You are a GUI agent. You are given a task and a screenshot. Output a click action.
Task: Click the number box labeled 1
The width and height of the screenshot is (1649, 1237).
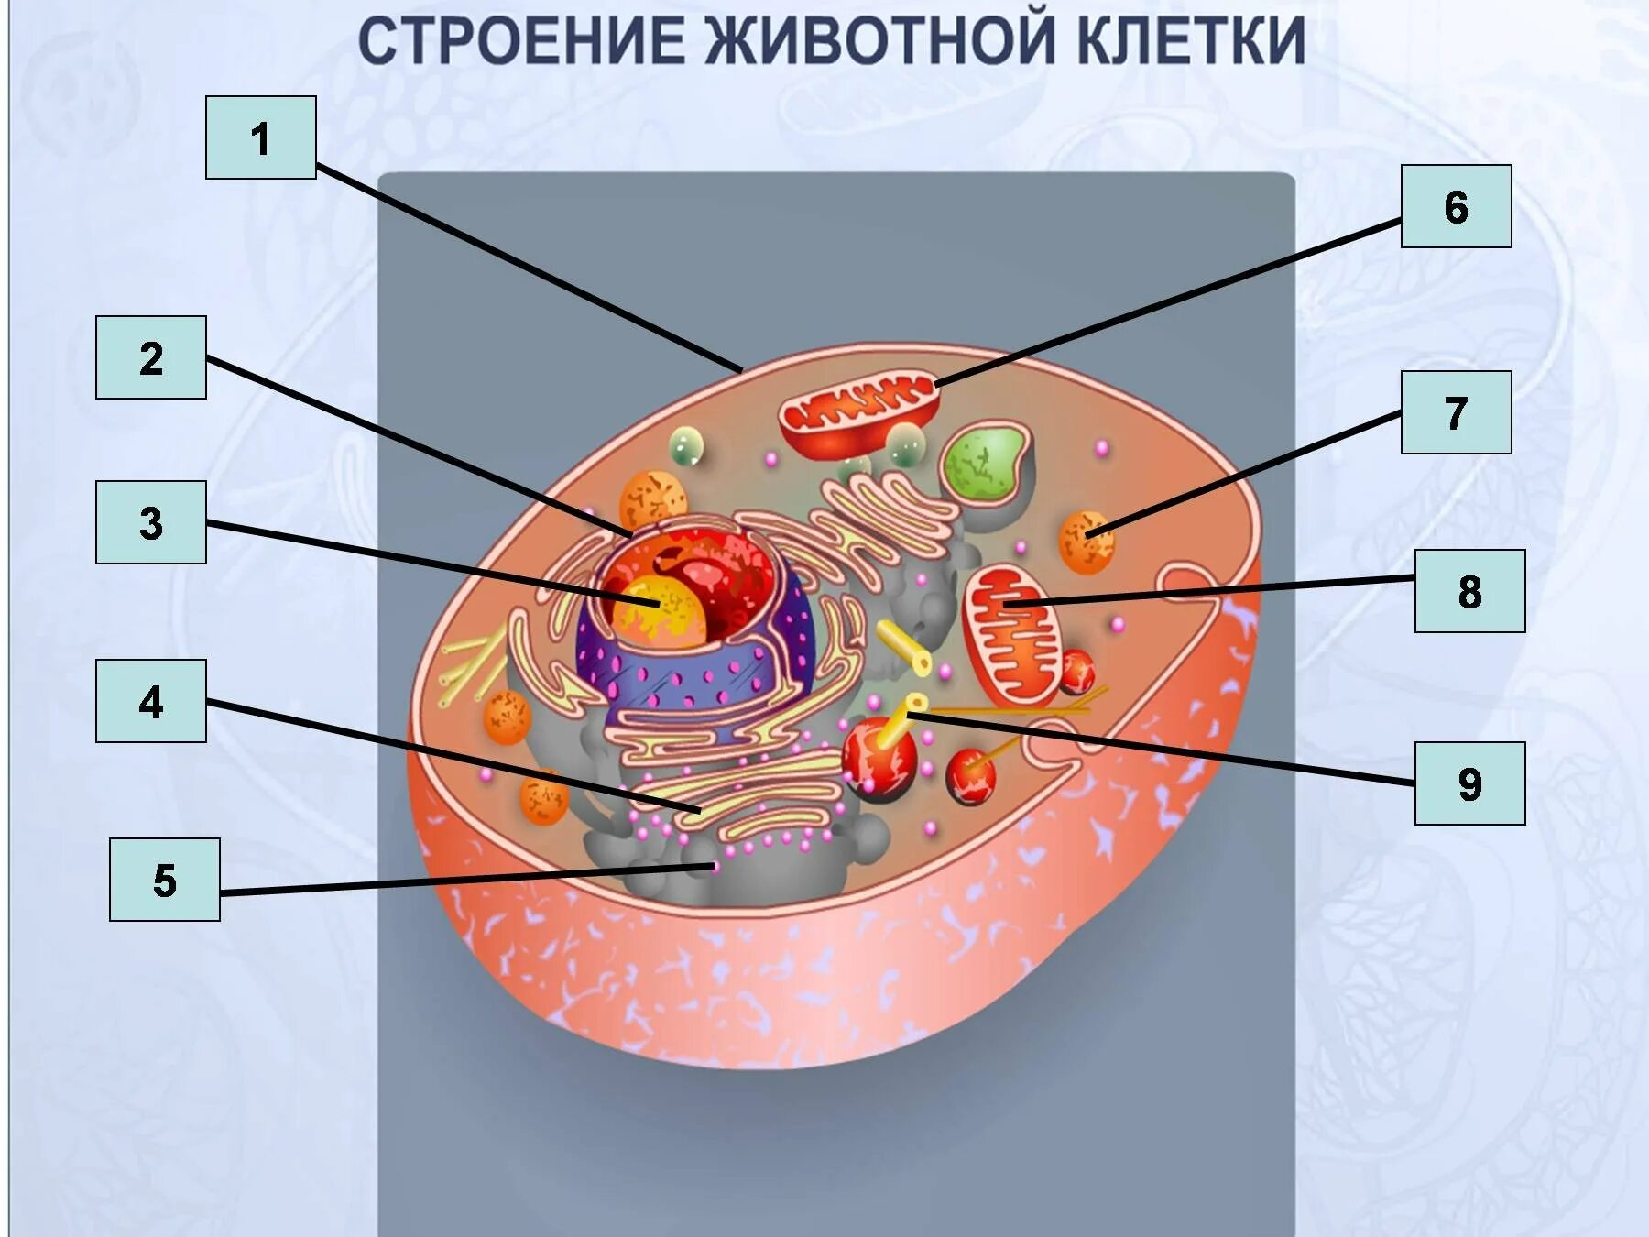pos(260,137)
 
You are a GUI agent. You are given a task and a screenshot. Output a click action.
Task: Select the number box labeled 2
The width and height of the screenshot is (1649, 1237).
pos(151,357)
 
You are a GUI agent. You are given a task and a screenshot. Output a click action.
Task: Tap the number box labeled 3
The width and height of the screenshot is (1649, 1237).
pos(151,522)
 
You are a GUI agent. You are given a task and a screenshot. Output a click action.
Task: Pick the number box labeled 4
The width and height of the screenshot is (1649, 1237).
pos(151,701)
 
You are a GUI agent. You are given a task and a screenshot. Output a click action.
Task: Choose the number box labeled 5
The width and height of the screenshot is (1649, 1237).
pos(165,880)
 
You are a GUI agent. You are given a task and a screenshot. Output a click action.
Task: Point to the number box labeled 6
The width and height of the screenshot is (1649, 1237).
pos(1456,206)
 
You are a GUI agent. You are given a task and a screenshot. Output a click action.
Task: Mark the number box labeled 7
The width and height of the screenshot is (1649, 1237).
pos(1456,412)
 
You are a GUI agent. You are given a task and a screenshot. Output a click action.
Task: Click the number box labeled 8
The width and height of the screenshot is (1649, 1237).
pos(1469,591)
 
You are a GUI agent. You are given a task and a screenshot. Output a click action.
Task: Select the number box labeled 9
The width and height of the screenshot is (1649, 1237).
pos(1469,783)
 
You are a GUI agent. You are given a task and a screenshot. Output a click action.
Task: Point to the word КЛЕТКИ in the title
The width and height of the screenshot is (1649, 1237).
pos(1191,41)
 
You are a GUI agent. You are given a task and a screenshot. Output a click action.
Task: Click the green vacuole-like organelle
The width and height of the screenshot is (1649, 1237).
pos(985,463)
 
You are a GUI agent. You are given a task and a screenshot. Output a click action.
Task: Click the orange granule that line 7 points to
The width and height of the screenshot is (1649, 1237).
pos(1087,542)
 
